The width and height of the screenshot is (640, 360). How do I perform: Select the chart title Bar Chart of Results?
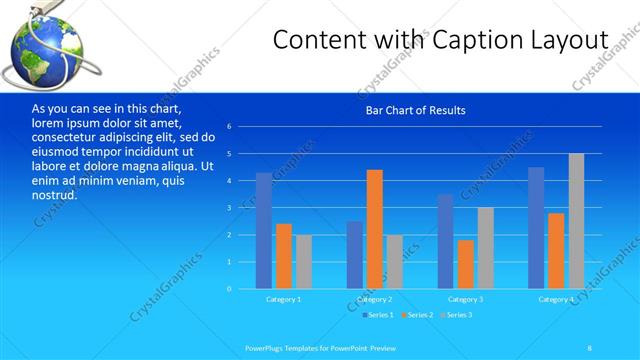click(x=415, y=110)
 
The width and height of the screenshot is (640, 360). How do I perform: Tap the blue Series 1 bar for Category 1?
click(x=263, y=231)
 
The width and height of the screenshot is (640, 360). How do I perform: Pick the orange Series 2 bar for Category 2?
click(x=374, y=229)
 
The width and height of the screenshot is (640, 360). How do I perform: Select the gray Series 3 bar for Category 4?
click(x=576, y=221)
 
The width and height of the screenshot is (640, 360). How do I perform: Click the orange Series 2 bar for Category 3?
click(x=465, y=264)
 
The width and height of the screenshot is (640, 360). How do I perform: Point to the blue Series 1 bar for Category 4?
click(x=536, y=228)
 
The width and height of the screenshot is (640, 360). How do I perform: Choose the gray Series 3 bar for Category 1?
click(x=304, y=262)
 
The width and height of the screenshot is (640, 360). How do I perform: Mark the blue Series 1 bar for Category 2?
click(x=354, y=255)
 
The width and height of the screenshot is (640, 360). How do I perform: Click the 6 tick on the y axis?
click(x=229, y=127)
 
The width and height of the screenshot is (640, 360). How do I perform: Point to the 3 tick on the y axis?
click(x=229, y=208)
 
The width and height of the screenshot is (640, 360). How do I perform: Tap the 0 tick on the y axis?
click(x=229, y=289)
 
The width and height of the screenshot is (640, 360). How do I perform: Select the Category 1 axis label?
click(x=283, y=300)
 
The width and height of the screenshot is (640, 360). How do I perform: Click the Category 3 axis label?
click(x=465, y=300)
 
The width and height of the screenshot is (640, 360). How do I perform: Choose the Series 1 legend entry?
click(x=376, y=316)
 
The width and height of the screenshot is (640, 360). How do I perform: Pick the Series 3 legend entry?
click(x=456, y=316)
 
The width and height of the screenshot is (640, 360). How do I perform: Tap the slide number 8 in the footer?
click(x=589, y=346)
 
